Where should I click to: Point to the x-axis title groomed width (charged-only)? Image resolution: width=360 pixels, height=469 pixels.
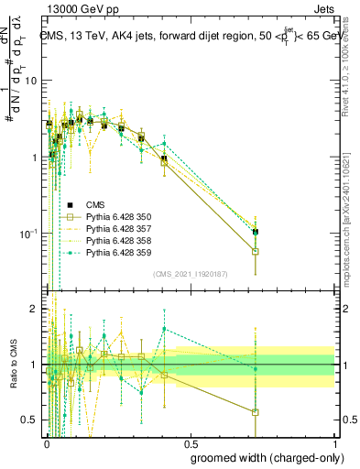tap(262, 457)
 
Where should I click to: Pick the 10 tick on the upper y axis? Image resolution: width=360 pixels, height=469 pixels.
tap(31, 81)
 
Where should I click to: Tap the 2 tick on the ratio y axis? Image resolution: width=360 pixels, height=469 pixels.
tap(35, 309)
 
